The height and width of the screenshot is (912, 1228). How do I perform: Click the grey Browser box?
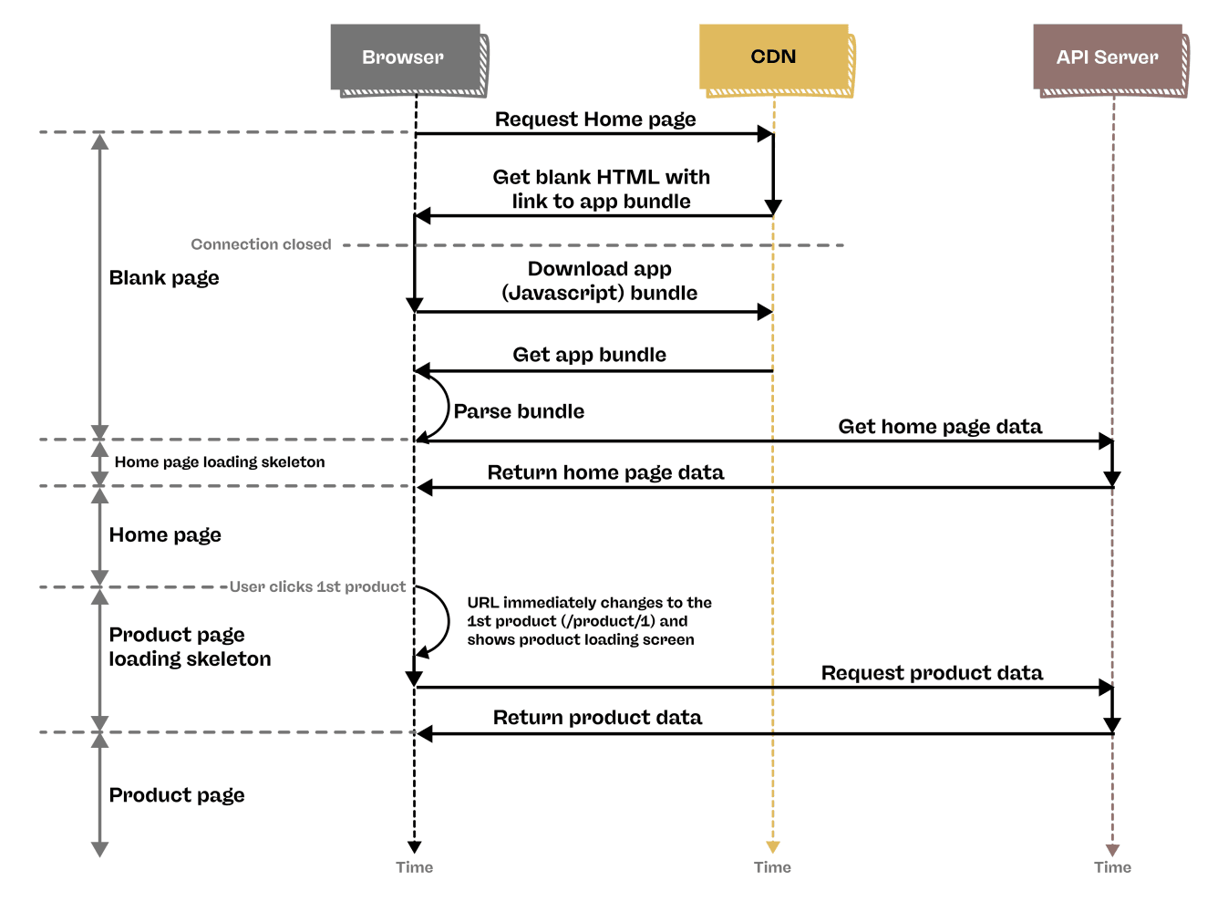pos(405,57)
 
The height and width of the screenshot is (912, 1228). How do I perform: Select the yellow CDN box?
pos(773,57)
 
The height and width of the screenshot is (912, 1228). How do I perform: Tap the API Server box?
pos(1107,57)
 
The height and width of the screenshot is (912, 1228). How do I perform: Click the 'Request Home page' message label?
pos(595,119)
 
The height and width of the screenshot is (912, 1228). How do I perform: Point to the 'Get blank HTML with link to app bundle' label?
pos(601,189)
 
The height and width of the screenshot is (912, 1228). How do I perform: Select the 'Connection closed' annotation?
pos(261,244)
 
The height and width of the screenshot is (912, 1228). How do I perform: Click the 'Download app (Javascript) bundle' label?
pos(600,281)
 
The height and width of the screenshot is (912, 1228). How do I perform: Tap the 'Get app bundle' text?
pos(589,355)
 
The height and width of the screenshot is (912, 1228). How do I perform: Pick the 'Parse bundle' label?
pos(519,411)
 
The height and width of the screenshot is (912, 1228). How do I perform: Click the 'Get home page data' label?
pos(940,427)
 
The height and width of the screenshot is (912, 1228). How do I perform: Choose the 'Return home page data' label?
pos(605,472)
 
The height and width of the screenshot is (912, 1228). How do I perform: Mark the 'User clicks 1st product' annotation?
pos(317,586)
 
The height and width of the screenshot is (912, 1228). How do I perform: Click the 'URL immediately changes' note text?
pos(589,621)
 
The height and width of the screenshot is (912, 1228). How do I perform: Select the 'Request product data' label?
pos(932,673)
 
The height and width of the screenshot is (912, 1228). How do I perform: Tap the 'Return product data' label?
pos(597,718)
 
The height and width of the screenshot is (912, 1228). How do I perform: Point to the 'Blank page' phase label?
pos(164,278)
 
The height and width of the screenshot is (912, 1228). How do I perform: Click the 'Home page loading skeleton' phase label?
pos(220,462)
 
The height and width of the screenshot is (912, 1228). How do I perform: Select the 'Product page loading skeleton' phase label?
pos(190,647)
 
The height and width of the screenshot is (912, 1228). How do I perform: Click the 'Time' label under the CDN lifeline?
pos(772,867)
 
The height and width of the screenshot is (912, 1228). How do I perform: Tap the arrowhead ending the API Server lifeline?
pos(1112,850)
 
